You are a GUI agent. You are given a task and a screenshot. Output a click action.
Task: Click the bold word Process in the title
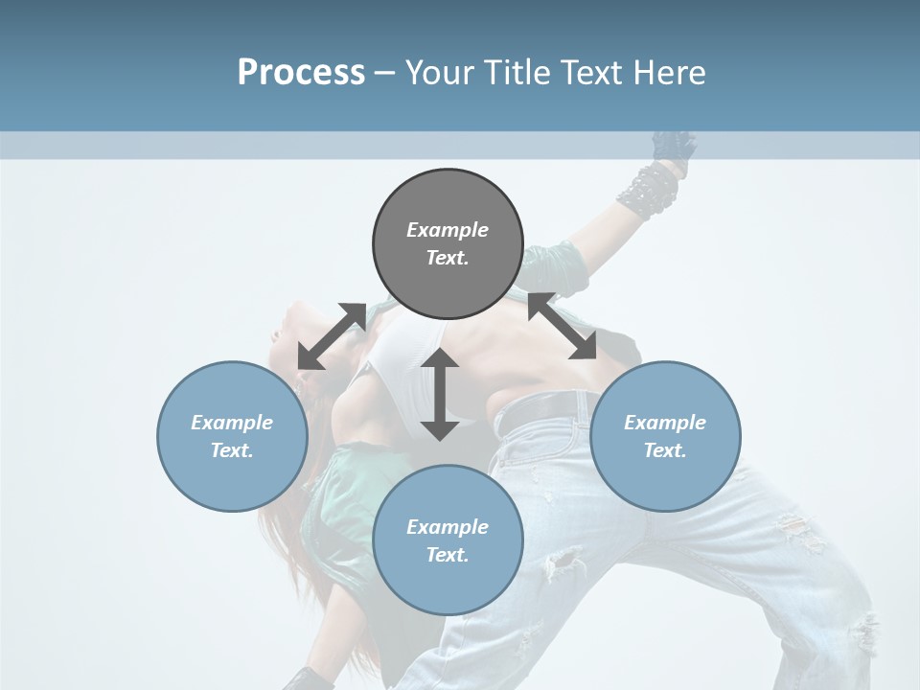coord(301,73)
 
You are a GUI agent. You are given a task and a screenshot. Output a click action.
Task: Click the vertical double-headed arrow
coord(440,394)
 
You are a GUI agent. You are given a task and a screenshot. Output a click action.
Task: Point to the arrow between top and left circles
coord(332,336)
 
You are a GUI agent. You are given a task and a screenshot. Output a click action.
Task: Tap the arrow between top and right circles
coord(562,326)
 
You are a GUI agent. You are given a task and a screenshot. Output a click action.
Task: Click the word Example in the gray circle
coord(448,230)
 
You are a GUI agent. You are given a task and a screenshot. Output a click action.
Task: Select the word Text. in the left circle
coord(232,450)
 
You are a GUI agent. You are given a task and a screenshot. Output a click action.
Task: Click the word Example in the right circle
coord(665,423)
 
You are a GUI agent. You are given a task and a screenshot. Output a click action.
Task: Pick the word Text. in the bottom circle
coord(448,555)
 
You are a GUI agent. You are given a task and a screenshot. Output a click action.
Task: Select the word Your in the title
coord(439,73)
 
